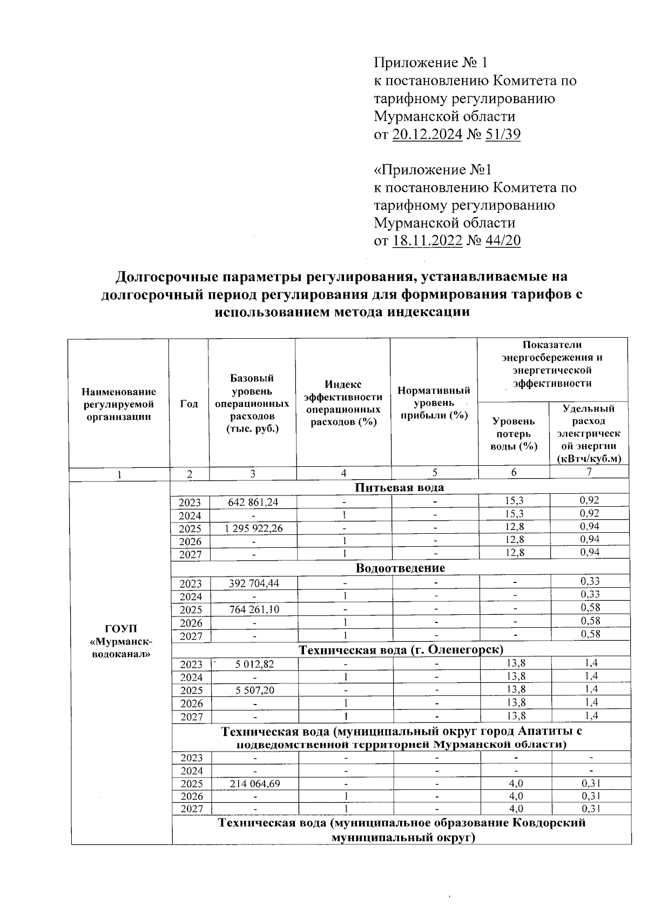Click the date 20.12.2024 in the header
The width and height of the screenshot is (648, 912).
[x=427, y=134]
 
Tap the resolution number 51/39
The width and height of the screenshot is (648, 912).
[x=503, y=134]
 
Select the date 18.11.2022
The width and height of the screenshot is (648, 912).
[x=427, y=240]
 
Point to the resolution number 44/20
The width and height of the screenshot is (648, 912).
[x=503, y=240]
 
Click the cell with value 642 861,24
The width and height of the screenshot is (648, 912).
[x=253, y=502]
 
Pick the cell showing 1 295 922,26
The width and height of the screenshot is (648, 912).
[x=253, y=528]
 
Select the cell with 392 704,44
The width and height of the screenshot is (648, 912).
[x=253, y=583]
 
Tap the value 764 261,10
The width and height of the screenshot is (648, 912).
[x=253, y=609]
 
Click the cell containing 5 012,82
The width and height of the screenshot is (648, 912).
[x=253, y=664]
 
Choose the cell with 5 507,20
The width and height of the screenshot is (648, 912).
[x=253, y=690]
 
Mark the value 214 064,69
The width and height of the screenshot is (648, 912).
[x=253, y=783]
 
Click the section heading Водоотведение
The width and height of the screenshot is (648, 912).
[x=400, y=568]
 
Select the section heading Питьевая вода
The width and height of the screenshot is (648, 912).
[x=400, y=487]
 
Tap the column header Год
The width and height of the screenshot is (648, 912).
[x=188, y=404]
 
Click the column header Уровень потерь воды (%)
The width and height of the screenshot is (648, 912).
[x=514, y=433]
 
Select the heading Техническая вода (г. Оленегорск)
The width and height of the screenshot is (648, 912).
[x=401, y=649]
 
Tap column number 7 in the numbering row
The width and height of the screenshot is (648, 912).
[x=589, y=472]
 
